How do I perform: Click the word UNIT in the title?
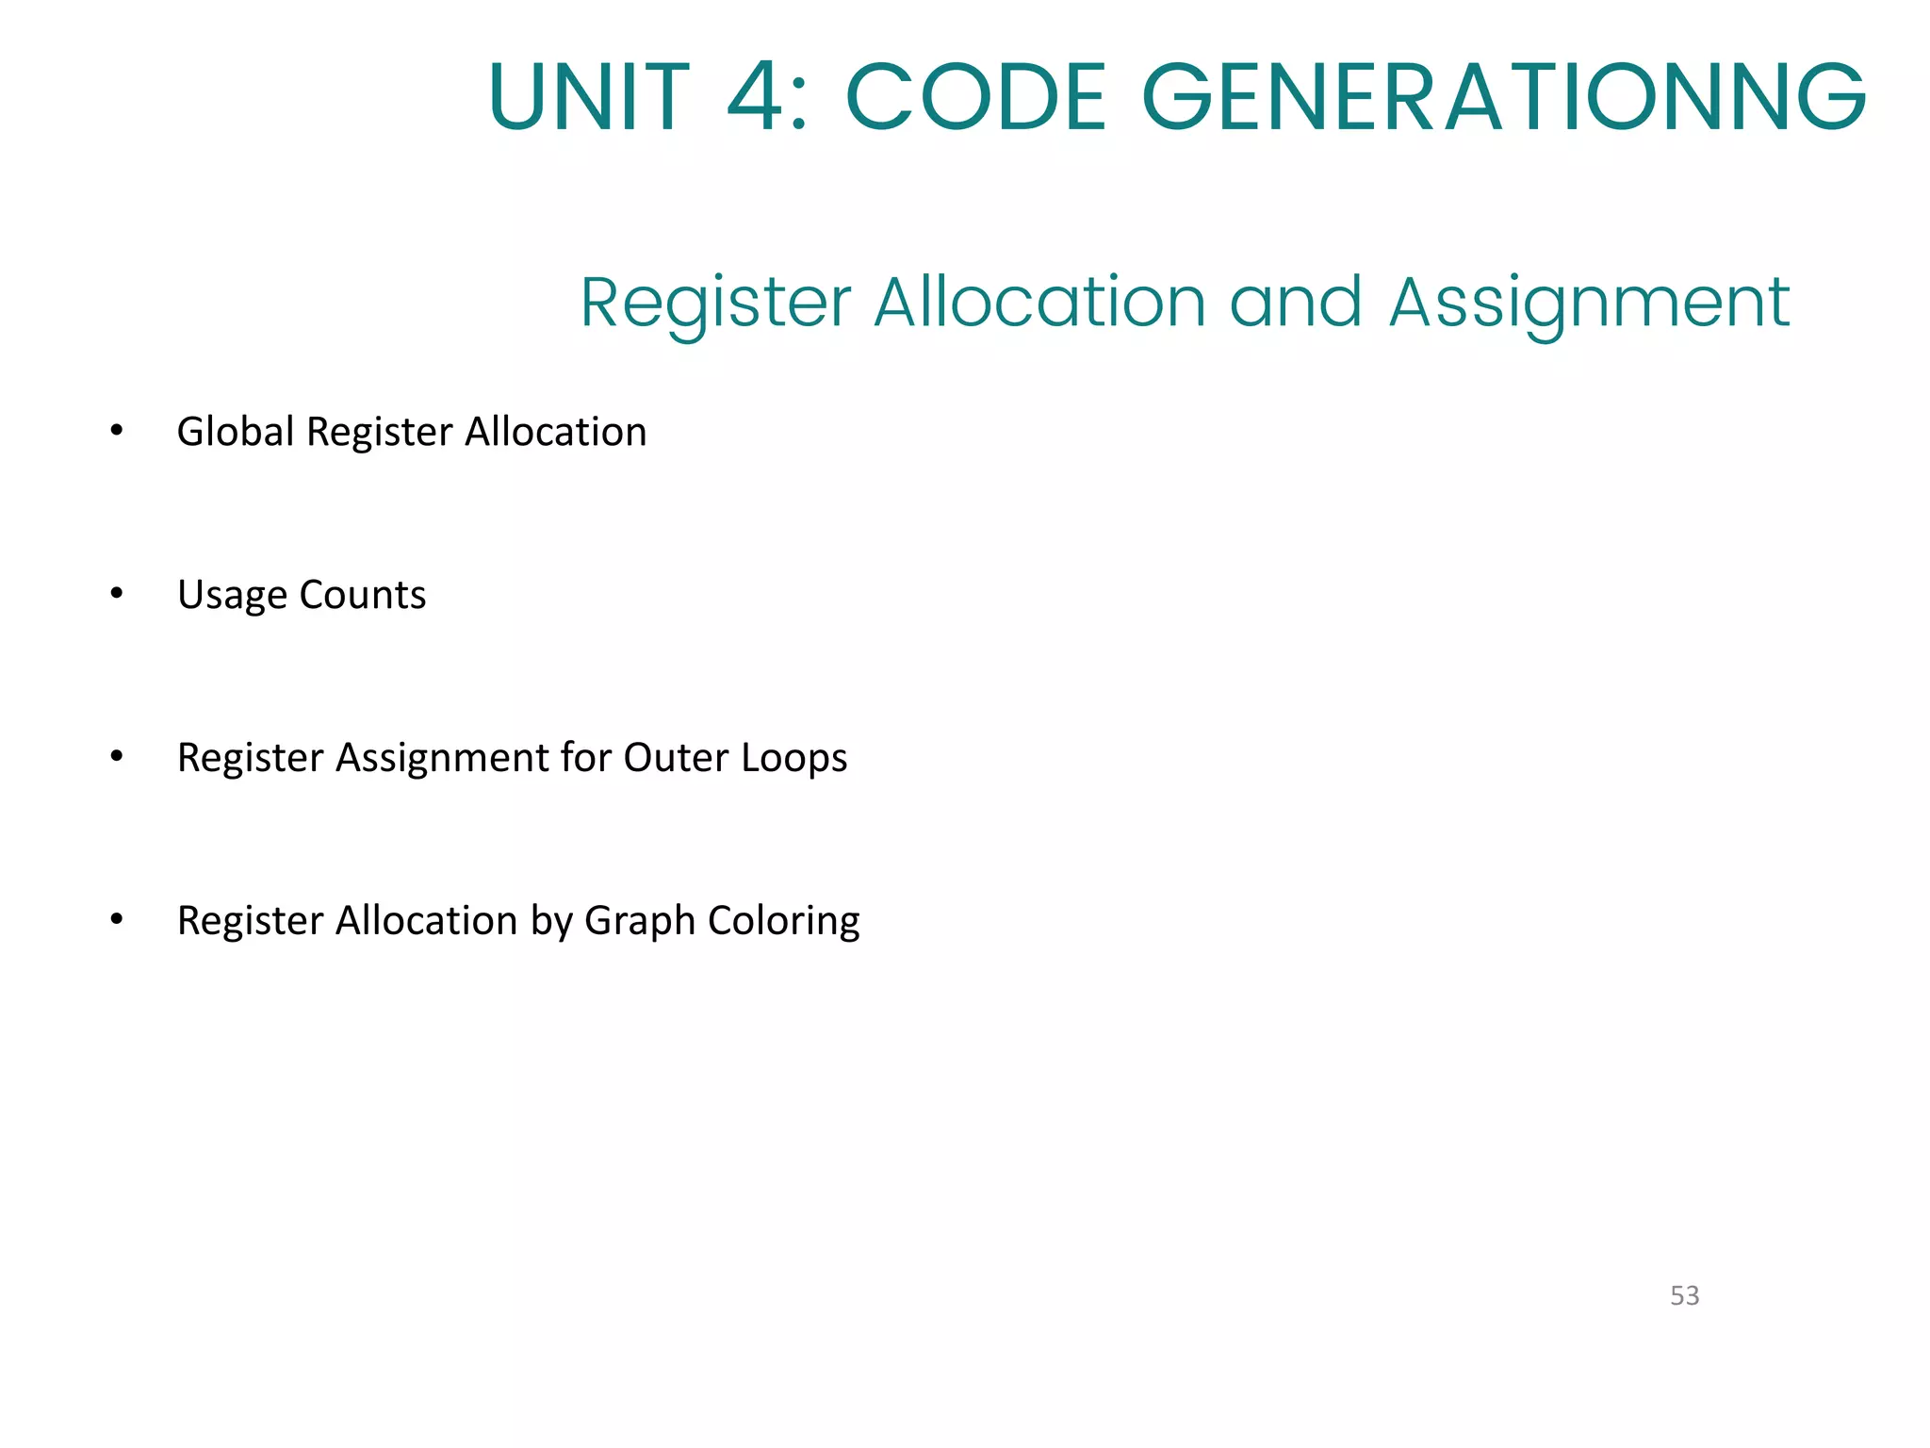click(590, 97)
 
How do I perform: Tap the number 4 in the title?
click(757, 97)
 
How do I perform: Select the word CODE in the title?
click(976, 97)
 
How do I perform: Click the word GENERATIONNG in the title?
click(1503, 97)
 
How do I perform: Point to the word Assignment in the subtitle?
click(1589, 304)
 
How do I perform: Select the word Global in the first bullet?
click(236, 432)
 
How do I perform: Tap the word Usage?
click(232, 596)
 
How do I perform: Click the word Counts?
click(363, 595)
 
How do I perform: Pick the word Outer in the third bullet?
click(676, 758)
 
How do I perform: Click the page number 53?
click(1684, 1295)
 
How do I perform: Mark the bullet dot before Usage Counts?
click(117, 594)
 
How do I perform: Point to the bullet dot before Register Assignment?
click(117, 757)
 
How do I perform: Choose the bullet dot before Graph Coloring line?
click(117, 920)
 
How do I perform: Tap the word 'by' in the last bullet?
click(551, 922)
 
